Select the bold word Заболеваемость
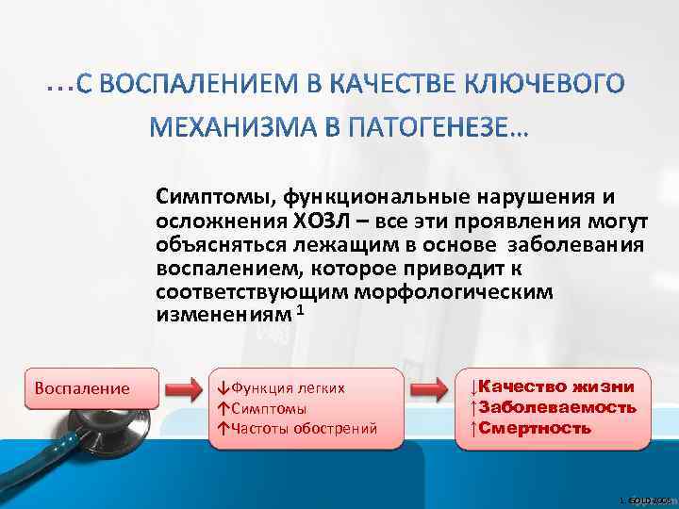click(x=557, y=407)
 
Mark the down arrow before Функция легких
click(x=222, y=387)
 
